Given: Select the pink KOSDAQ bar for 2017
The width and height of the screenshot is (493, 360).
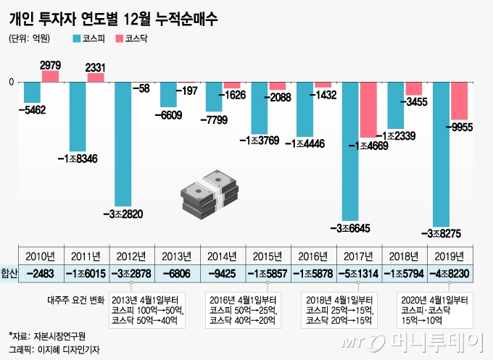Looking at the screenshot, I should tap(368, 109).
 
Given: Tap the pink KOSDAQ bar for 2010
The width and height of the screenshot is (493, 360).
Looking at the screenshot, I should tap(50, 76).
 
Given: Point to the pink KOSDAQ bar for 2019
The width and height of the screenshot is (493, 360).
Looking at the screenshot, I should tap(460, 101).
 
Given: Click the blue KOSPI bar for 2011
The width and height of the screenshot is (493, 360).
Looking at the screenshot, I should tap(78, 116).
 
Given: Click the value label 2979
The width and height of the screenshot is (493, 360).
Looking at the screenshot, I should tap(50, 65).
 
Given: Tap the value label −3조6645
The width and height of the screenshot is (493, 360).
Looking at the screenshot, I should tap(350, 228).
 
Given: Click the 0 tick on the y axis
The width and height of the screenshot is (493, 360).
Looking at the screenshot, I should tap(11, 82).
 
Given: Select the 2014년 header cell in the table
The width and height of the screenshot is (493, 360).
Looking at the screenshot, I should tap(223, 256).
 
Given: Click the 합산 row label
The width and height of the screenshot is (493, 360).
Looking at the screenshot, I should tap(9, 274).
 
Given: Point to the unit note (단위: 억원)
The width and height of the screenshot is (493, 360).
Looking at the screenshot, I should tap(30, 37).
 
